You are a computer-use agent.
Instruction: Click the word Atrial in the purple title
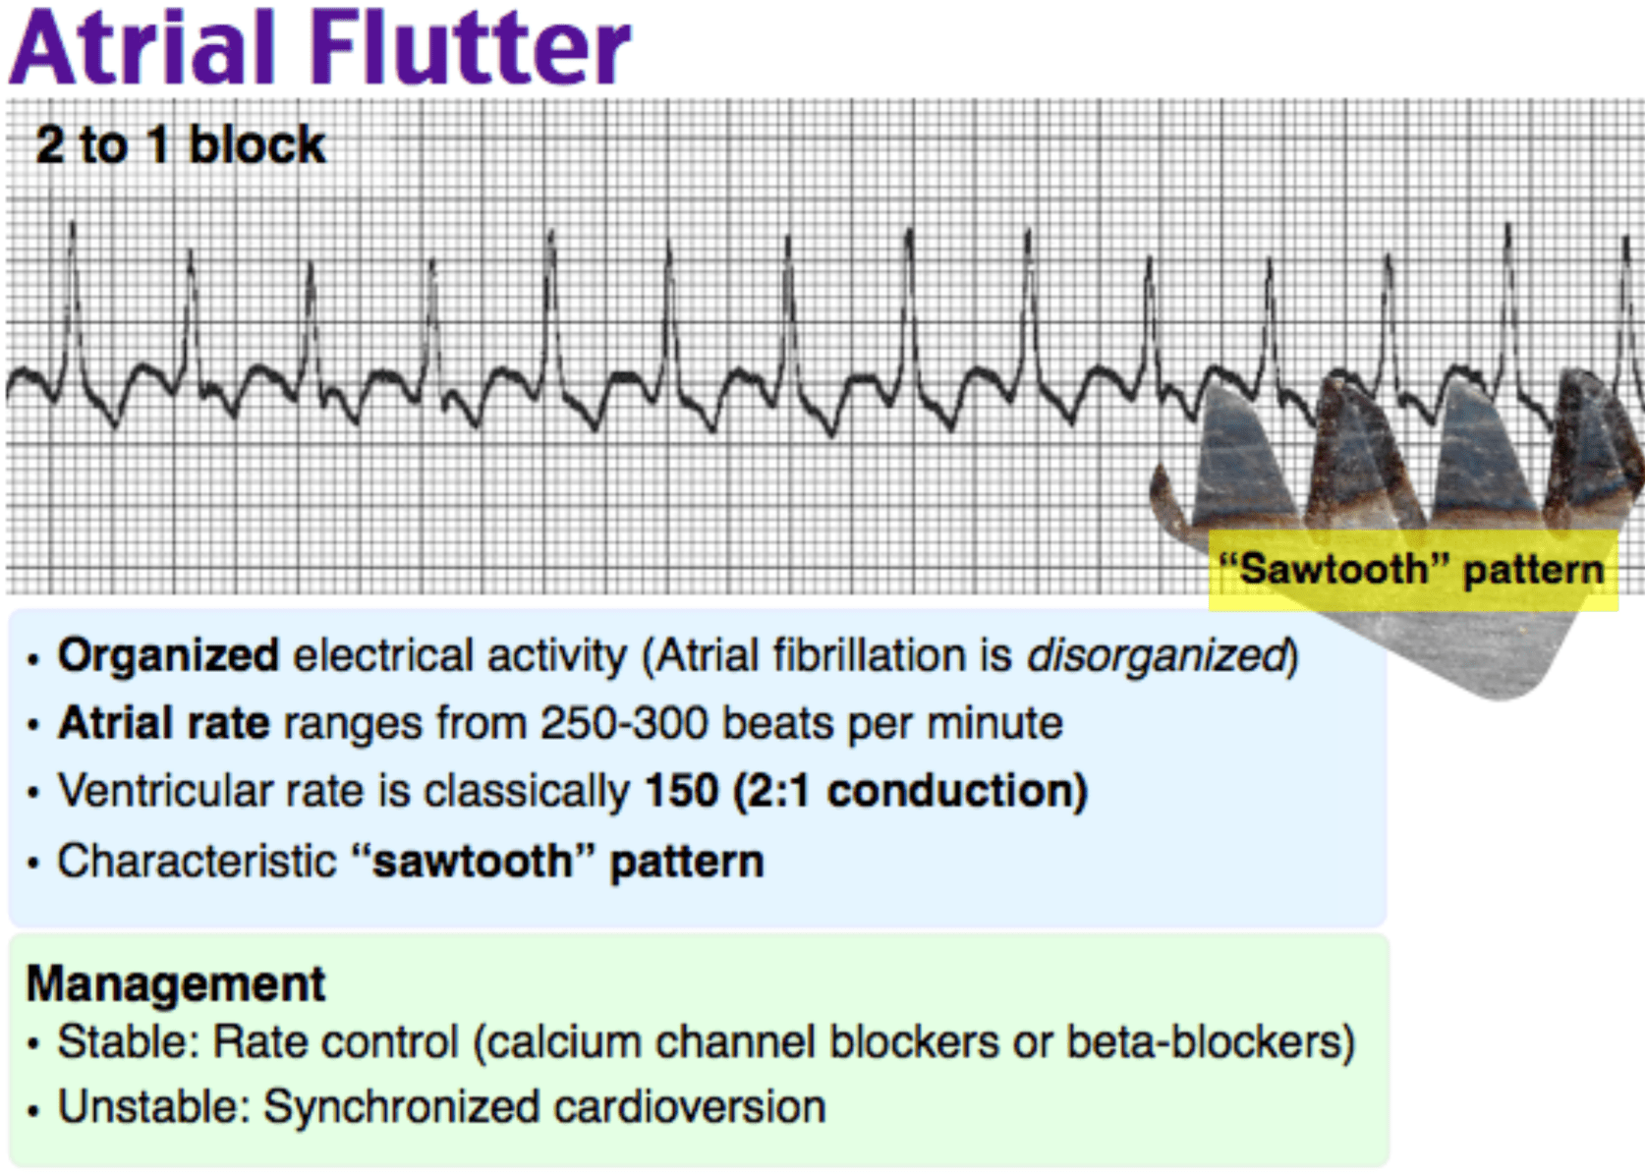tap(143, 48)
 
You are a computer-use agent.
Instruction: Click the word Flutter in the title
tap(471, 48)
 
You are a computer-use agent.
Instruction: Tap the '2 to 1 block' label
tap(181, 144)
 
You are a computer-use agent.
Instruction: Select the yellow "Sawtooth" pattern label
tap(1413, 570)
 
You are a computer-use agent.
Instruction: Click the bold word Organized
tap(168, 656)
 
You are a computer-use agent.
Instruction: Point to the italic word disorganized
tap(1158, 656)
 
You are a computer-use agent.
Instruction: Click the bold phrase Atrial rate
tap(164, 723)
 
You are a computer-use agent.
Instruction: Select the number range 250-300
tap(624, 723)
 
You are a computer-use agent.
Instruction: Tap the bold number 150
tap(681, 791)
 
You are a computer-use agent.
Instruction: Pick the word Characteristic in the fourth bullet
tap(197, 861)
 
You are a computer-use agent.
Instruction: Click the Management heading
tap(176, 984)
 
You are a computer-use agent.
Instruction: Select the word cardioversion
tap(690, 1106)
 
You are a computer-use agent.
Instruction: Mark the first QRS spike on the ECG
tap(73, 308)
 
